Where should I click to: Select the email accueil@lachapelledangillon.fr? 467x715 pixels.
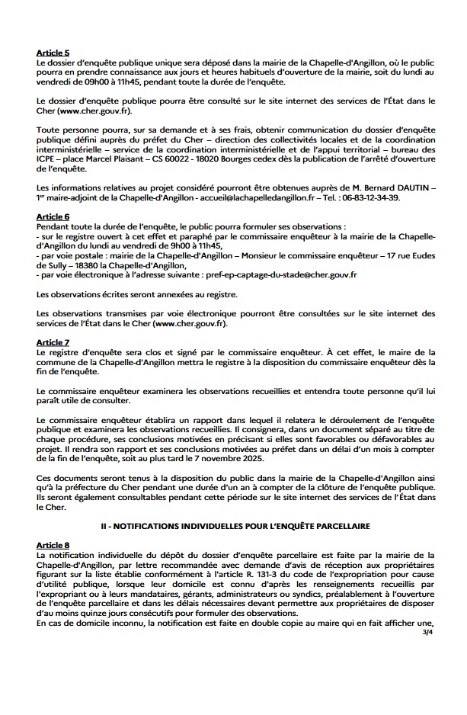(245, 197)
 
